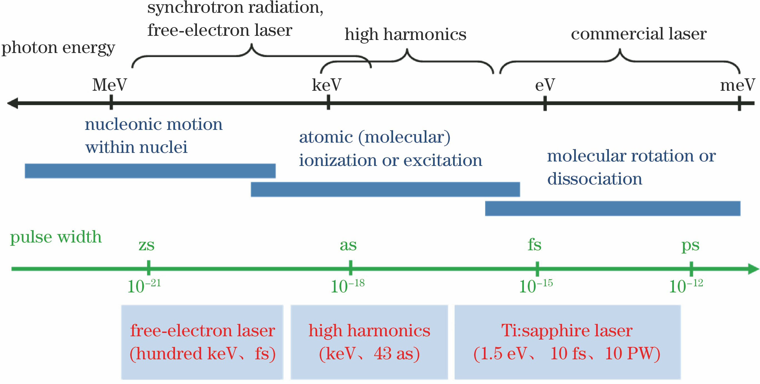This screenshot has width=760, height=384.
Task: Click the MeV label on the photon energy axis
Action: (x=109, y=85)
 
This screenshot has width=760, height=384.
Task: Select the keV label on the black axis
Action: (x=327, y=85)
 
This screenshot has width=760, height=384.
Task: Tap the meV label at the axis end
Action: (x=737, y=85)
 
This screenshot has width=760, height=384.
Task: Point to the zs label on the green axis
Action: (x=146, y=245)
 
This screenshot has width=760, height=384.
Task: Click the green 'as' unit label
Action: (x=348, y=245)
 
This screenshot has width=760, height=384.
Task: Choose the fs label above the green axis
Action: (x=534, y=245)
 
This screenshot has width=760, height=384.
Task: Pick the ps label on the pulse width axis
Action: (x=690, y=245)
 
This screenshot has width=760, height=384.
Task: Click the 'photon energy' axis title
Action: (x=58, y=48)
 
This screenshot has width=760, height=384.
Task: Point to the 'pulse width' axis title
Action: (x=56, y=237)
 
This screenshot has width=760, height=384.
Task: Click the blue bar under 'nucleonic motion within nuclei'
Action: (x=150, y=171)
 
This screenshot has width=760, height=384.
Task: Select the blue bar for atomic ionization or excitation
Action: (x=385, y=189)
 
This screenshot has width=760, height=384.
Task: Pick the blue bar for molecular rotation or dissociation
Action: (x=612, y=208)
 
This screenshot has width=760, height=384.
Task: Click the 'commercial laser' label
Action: (x=639, y=34)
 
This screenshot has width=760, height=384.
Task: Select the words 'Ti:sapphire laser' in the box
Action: (x=567, y=330)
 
